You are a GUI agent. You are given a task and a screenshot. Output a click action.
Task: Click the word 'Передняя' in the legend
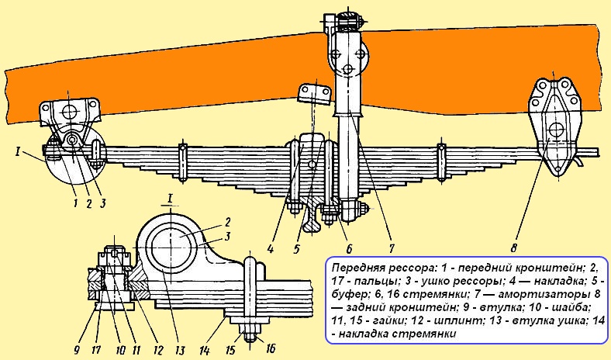pyautogui.click(x=354, y=265)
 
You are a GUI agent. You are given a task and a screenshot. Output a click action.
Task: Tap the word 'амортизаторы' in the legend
pyautogui.click(x=524, y=292)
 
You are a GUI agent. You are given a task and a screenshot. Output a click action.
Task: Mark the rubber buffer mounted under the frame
pyautogui.click(x=314, y=95)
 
